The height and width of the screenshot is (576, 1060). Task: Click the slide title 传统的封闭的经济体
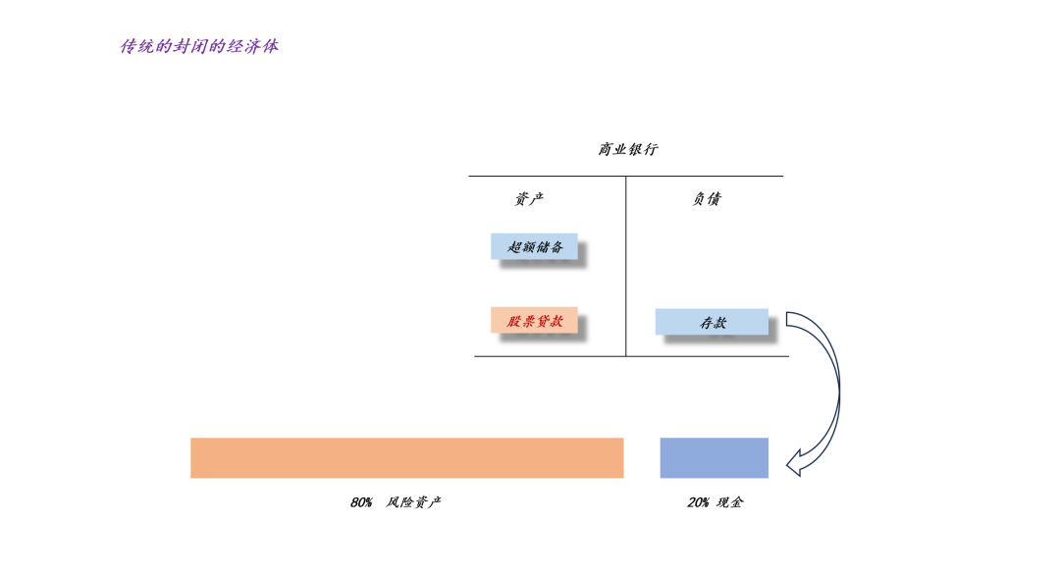coord(199,46)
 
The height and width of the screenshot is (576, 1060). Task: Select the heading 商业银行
coord(628,149)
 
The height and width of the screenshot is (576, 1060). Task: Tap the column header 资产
coord(529,198)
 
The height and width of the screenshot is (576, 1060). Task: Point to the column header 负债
coord(707,198)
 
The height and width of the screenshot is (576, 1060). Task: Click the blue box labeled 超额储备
coord(534,246)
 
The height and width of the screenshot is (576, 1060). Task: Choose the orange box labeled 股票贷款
coord(534,321)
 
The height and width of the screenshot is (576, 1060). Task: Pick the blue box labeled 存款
coord(712,322)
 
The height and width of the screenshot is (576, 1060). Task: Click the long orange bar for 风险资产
coord(406,457)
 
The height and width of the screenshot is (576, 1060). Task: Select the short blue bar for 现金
coord(714,457)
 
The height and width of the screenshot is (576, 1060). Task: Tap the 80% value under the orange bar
coord(361,502)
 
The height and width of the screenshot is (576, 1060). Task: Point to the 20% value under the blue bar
coord(698,502)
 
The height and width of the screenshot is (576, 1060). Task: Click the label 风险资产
coord(414,502)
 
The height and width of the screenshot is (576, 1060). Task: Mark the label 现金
coord(730,502)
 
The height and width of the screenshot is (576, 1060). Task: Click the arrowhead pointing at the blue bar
coord(797,461)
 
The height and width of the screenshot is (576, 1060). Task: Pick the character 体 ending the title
coord(270,46)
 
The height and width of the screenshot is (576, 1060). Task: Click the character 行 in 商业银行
coord(651,149)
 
